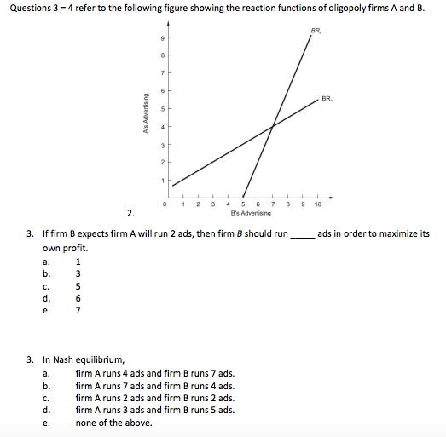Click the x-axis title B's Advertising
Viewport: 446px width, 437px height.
coord(250,213)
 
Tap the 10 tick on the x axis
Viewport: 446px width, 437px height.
coord(317,204)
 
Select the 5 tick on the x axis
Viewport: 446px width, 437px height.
coord(244,204)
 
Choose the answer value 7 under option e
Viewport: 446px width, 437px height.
coord(78,311)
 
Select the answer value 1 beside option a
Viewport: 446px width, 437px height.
coord(78,262)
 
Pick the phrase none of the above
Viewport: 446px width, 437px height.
coord(113,423)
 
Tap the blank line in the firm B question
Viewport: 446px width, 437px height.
coord(303,234)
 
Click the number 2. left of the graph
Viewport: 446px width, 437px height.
coord(130,213)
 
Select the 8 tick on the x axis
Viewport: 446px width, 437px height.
coord(288,204)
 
